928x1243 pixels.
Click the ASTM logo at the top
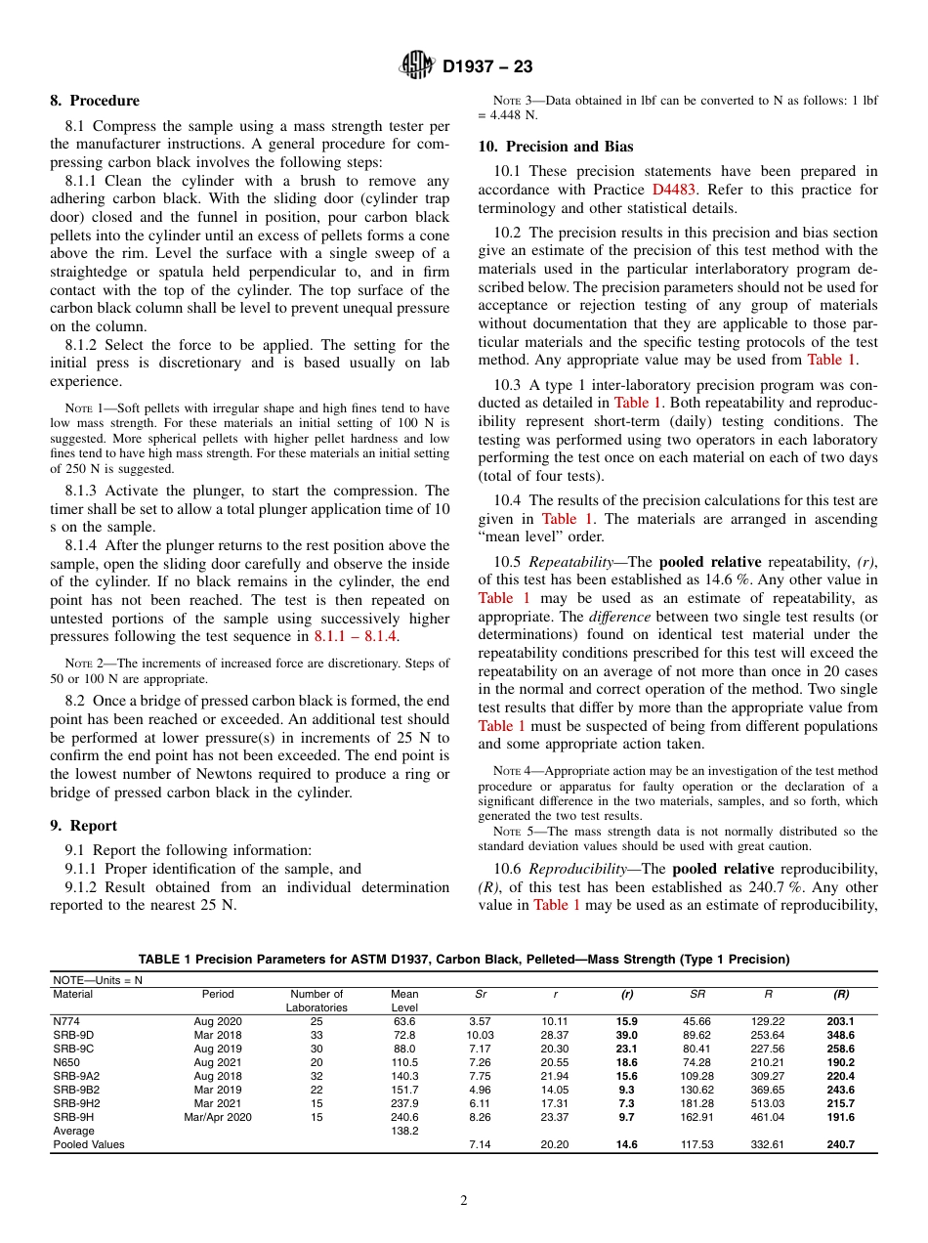(417, 66)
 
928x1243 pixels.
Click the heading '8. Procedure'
(95, 101)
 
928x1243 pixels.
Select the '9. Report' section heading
(84, 826)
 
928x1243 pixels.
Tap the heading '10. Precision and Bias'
(555, 147)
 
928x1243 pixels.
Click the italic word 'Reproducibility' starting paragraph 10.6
(576, 869)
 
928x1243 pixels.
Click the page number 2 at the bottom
(464, 1201)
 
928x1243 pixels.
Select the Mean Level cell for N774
(404, 1021)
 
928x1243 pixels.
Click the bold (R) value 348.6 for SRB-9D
(840, 1035)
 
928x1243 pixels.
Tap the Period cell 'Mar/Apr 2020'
(218, 1117)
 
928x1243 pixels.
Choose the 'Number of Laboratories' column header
(316, 1001)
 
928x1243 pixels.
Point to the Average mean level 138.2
(404, 1131)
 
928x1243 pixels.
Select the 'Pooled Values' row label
(89, 1144)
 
